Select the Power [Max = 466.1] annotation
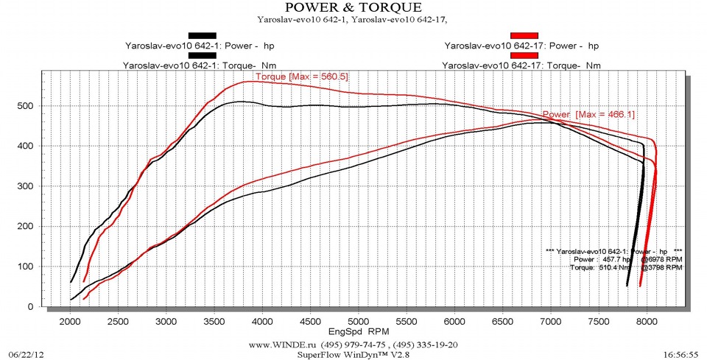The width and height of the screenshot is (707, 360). [588, 115]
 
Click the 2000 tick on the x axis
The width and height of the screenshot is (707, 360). [70, 321]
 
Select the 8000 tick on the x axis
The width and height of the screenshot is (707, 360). [647, 321]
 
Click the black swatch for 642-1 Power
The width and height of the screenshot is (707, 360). [203, 35]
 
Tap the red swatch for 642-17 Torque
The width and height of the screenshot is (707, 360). [524, 55]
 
